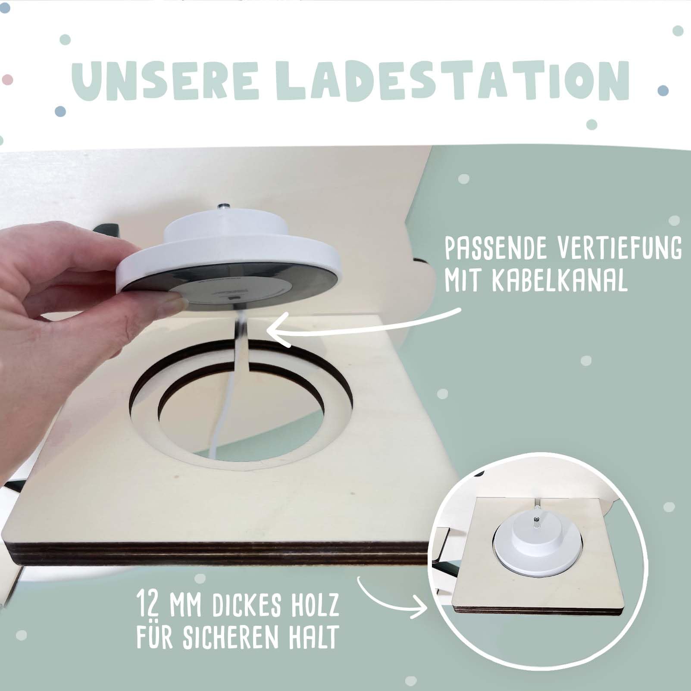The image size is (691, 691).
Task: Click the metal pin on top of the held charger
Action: tap(225, 209)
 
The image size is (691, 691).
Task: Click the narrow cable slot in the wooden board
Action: tap(241, 341)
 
